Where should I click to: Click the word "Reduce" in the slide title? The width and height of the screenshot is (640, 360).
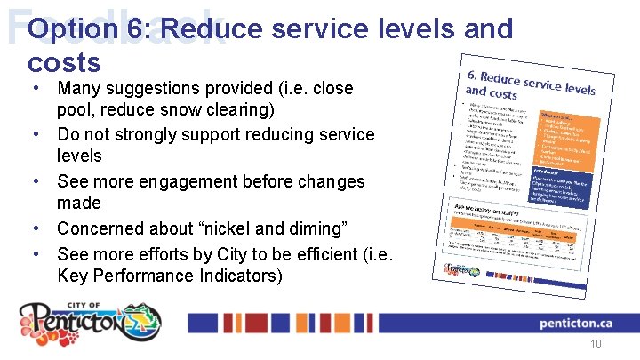pyautogui.click(x=210, y=28)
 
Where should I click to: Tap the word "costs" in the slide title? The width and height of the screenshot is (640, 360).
pyautogui.click(x=64, y=62)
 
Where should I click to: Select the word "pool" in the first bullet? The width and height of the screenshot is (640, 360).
pyautogui.click(x=75, y=111)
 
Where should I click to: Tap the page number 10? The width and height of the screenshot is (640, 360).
pyautogui.click(x=596, y=345)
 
